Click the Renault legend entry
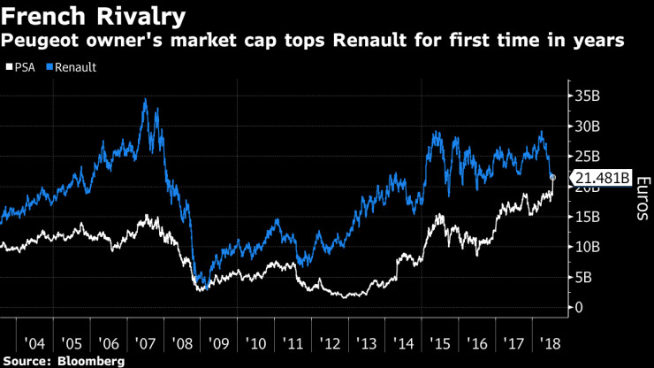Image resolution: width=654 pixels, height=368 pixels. point(77,66)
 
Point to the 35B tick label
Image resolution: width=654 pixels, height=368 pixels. point(589,96)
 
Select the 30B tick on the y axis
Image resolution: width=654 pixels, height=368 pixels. point(589,126)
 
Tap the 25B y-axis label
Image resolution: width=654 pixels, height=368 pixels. point(589,157)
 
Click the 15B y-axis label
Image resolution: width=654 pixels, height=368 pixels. point(589,217)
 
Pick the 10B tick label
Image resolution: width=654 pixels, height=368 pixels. point(589,247)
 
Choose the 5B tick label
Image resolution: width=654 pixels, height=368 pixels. point(584,277)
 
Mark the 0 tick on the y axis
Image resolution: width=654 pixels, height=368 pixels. point(579,307)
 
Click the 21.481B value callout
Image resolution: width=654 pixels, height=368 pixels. point(602,178)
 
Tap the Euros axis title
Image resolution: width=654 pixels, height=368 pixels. point(643,199)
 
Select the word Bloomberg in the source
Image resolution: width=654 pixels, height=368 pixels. point(92,361)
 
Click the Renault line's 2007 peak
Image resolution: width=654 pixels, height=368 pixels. point(144,99)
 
